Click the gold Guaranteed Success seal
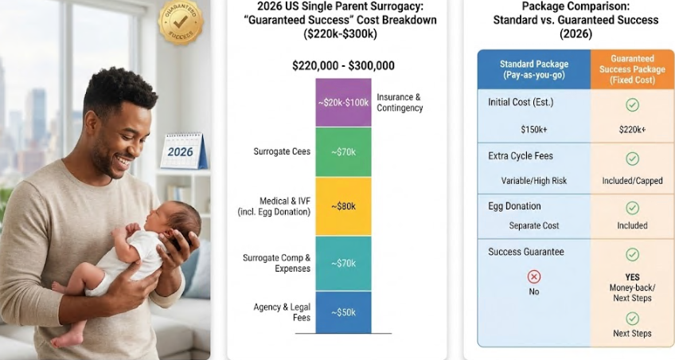click(x=180, y=21)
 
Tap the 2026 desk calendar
click(x=183, y=151)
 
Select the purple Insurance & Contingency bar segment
click(x=343, y=103)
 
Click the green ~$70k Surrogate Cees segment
click(x=343, y=152)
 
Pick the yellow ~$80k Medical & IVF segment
click(x=343, y=206)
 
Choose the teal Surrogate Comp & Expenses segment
click(x=343, y=263)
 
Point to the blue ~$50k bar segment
click(x=343, y=312)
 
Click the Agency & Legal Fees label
click(x=282, y=312)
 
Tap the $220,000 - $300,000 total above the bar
click(x=343, y=65)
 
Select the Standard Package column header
click(x=534, y=69)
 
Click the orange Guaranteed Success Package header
click(x=632, y=69)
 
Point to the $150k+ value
click(x=534, y=129)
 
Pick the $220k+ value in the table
click(x=632, y=129)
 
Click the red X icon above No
click(x=534, y=276)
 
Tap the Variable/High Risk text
click(x=534, y=181)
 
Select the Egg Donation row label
click(x=514, y=206)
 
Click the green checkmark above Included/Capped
click(x=632, y=158)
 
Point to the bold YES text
click(x=632, y=277)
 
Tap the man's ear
click(x=92, y=122)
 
